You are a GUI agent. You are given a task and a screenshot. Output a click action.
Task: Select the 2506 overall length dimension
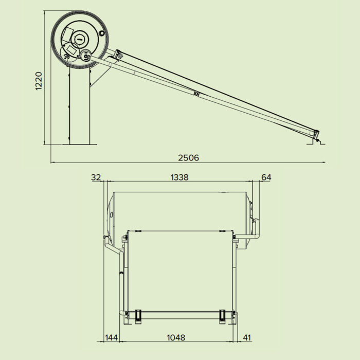pos(189,157)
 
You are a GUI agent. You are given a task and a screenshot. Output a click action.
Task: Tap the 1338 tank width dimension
pos(179,177)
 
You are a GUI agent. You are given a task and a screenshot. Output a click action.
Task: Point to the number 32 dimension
pos(96,177)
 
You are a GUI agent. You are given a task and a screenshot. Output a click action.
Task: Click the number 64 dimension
pos(266,177)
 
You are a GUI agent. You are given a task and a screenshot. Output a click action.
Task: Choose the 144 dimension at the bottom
pos(112,337)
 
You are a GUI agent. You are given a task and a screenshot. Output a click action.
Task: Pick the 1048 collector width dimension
pos(176,337)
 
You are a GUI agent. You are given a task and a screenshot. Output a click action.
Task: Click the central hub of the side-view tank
pos(80,38)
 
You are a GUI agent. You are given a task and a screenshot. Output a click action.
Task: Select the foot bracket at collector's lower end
pos(316,138)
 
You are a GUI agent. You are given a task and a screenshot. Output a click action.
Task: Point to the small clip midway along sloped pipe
pos(196,94)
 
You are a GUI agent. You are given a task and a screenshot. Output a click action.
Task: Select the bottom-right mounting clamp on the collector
pos(222,316)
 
